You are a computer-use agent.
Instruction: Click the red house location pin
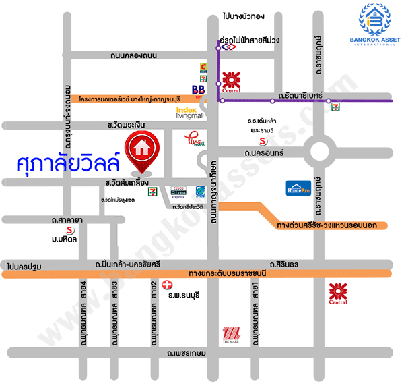pyautogui.click(x=141, y=150)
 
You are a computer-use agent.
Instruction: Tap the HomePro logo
pyautogui.click(x=300, y=188)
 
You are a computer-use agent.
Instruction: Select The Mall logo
pyautogui.click(x=230, y=335)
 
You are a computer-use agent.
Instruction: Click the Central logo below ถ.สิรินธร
pyautogui.click(x=338, y=293)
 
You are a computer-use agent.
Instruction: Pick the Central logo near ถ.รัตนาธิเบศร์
pyautogui.click(x=232, y=81)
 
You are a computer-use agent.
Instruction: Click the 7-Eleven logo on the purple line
pyautogui.click(x=335, y=103)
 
